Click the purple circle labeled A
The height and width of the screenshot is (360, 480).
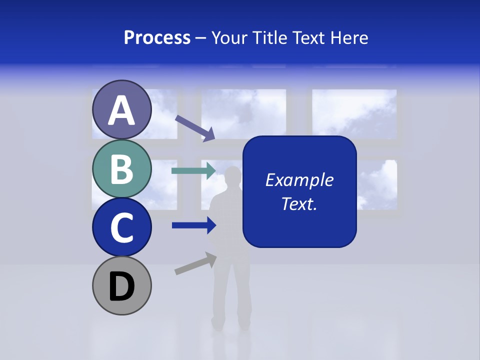(121, 110)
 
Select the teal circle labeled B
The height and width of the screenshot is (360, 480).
(121, 168)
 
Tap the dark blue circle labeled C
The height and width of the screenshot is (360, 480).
(121, 227)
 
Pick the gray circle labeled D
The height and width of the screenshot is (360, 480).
(121, 285)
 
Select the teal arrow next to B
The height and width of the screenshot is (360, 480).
(193, 171)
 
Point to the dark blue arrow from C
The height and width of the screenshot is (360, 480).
(193, 225)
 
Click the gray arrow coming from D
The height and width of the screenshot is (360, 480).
(195, 264)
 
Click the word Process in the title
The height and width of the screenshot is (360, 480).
(157, 38)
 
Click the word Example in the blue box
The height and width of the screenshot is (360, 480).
(299, 180)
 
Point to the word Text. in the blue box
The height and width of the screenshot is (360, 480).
(299, 203)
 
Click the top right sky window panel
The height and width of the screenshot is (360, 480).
(354, 113)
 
